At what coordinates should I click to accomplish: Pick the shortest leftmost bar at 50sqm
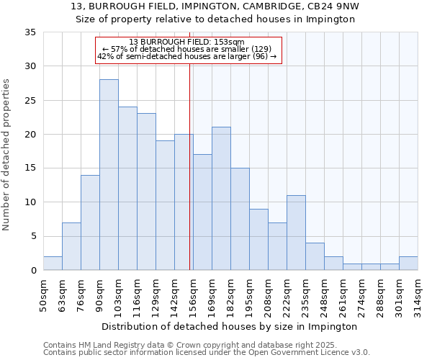tap(53, 264)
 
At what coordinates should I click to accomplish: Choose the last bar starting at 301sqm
tap(408, 264)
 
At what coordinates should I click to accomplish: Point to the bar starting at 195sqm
tap(258, 240)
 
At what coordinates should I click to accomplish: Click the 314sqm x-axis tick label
tap(418, 294)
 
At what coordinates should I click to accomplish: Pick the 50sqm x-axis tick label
tap(43, 294)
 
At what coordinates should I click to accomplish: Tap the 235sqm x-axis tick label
tap(305, 294)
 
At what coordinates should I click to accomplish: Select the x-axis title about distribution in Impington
tap(230, 326)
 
